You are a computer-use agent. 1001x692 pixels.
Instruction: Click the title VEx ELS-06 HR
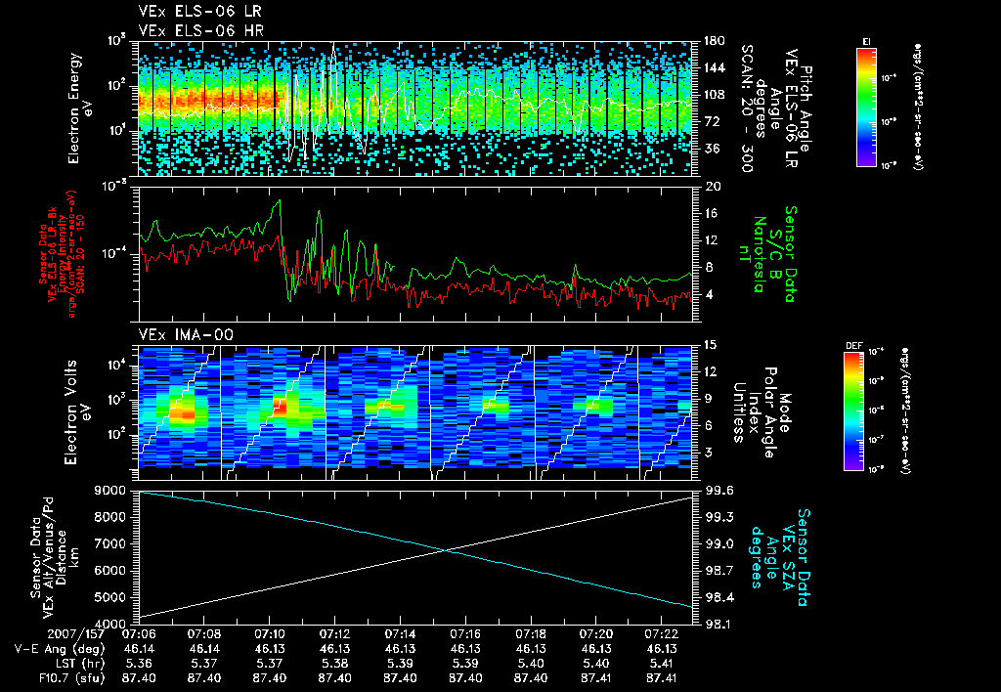point(191,31)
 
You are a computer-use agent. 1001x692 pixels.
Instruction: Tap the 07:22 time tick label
point(662,633)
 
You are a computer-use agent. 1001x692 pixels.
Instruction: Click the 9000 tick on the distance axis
point(112,490)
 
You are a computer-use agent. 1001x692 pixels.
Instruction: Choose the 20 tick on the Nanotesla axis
point(713,186)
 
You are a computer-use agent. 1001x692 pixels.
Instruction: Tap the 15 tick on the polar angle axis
point(712,344)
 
